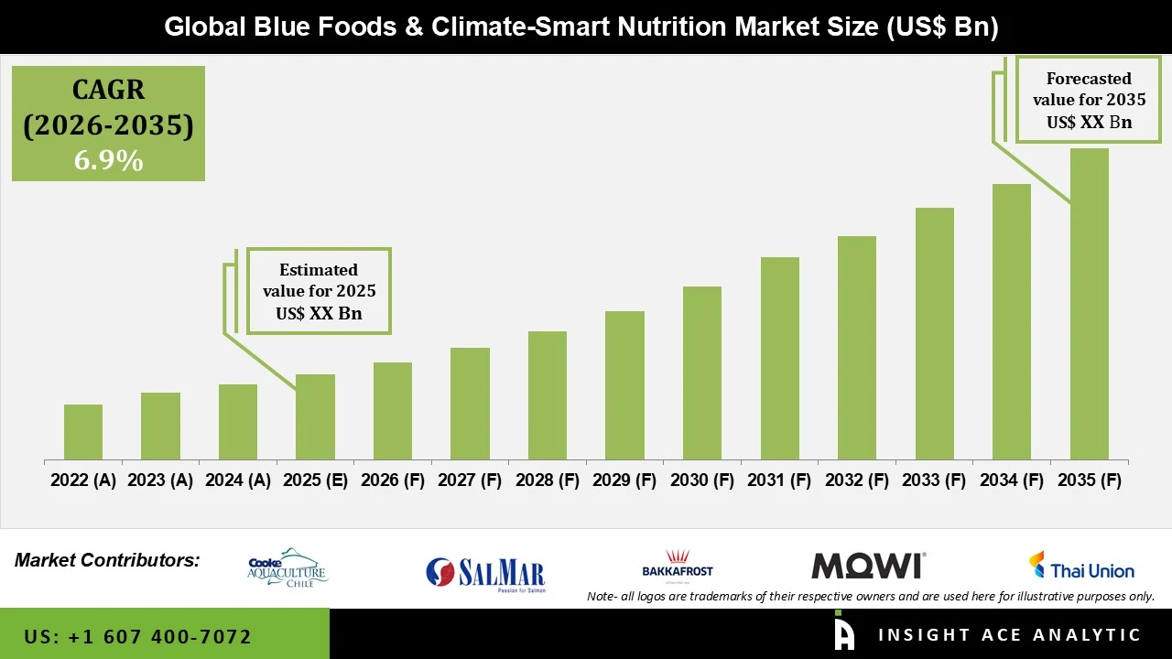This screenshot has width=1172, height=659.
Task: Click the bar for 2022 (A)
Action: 83,432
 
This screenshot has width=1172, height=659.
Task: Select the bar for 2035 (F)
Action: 1089,304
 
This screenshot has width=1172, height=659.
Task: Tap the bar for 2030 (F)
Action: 702,373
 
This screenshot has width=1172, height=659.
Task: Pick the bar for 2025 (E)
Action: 315,416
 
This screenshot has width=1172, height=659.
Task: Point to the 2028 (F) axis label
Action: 548,481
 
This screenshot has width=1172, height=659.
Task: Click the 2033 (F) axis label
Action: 934,481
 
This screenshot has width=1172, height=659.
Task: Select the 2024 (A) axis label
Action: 238,481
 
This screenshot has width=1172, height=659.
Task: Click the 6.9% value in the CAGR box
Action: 108,160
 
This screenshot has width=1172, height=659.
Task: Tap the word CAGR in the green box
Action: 108,91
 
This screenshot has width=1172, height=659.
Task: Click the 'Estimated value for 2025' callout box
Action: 319,291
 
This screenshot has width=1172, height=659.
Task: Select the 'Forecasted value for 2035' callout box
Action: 1089,100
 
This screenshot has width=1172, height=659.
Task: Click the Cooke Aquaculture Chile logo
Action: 288,568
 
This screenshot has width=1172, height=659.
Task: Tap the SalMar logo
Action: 485,573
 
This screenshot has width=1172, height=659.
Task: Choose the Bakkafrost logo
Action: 678,565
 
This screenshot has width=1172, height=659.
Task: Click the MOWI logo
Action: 868,566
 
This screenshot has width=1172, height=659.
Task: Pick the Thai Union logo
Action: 1080,567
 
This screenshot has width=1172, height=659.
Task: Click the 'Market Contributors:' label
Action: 107,559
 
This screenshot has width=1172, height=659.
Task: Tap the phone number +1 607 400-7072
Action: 138,636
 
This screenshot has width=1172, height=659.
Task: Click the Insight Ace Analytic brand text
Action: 1009,635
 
